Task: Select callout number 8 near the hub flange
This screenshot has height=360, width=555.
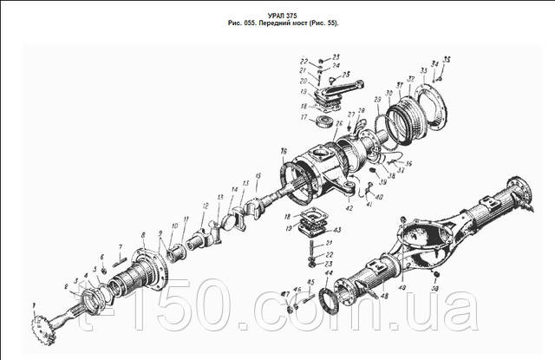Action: [x=142, y=236]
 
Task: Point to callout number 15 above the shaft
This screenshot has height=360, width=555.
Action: [x=258, y=176]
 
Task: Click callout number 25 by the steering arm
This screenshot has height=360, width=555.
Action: [x=341, y=123]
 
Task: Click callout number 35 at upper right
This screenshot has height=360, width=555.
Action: [x=447, y=58]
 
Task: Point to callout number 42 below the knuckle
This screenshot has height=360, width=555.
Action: [x=349, y=208]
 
